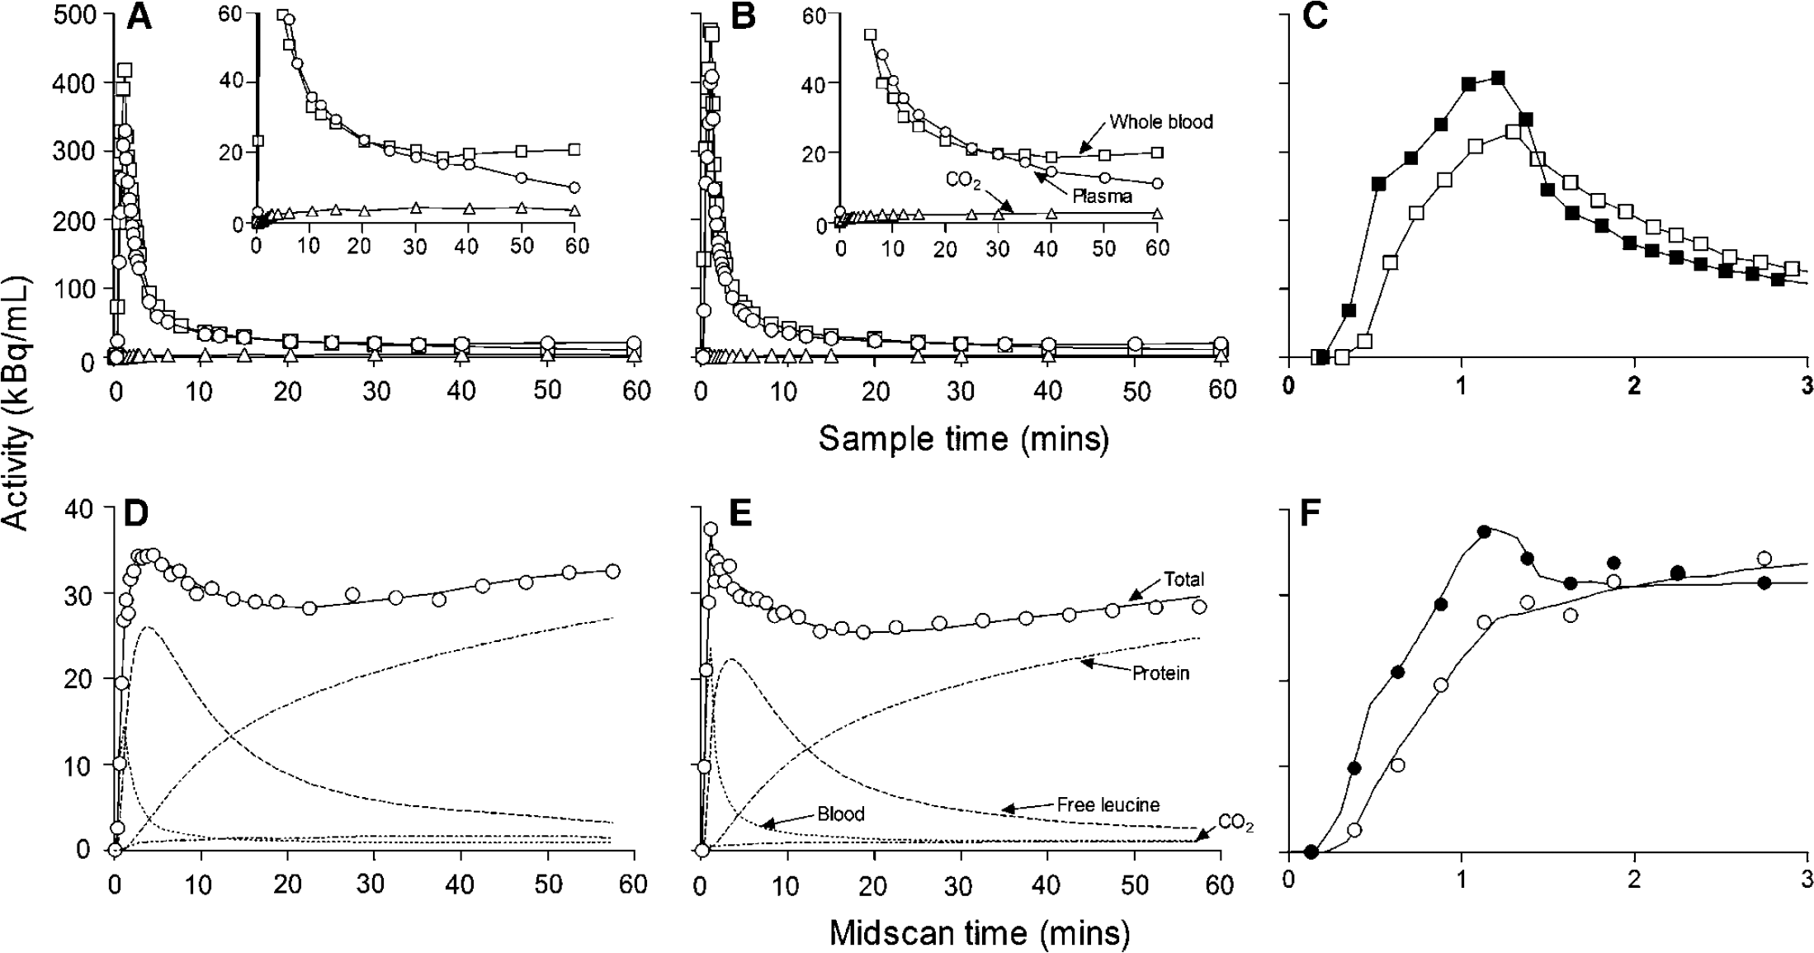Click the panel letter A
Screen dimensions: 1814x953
[x=139, y=17]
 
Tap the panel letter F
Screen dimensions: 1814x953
[x=1311, y=513]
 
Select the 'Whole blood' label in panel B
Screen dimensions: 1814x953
[x=1161, y=122]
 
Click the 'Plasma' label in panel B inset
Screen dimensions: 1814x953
[x=1103, y=196]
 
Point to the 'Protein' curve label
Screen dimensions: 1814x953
[x=1160, y=673]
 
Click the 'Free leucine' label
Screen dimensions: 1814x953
[x=1108, y=804]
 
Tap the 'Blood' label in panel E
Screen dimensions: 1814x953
[x=841, y=814]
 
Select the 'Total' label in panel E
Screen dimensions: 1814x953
[x=1183, y=578]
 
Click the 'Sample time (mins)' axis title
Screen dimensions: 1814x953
[x=963, y=438]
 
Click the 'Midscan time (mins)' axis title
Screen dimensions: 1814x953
[x=979, y=933]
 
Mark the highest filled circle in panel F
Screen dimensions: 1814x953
[x=1485, y=532]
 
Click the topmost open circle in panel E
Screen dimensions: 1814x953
[x=710, y=529]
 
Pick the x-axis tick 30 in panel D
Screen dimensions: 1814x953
[x=374, y=885]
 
